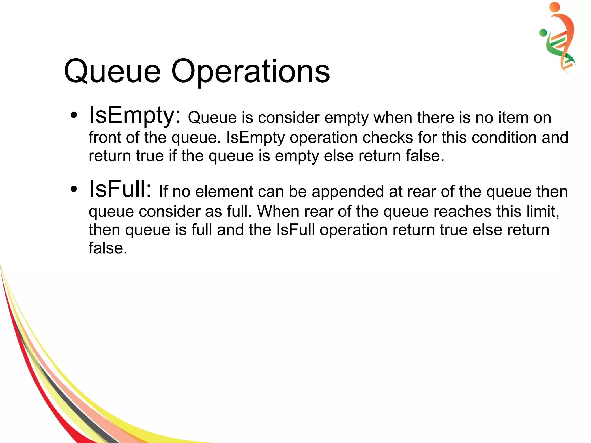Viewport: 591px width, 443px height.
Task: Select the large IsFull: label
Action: (120, 189)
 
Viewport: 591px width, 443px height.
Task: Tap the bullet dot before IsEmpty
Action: (74, 115)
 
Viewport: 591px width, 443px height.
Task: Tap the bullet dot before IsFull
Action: (74, 189)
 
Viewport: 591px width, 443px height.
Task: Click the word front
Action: (105, 137)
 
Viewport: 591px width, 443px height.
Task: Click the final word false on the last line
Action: (108, 248)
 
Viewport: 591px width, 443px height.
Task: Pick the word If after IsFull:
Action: (163, 192)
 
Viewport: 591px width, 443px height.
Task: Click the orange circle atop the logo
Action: (554, 7)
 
